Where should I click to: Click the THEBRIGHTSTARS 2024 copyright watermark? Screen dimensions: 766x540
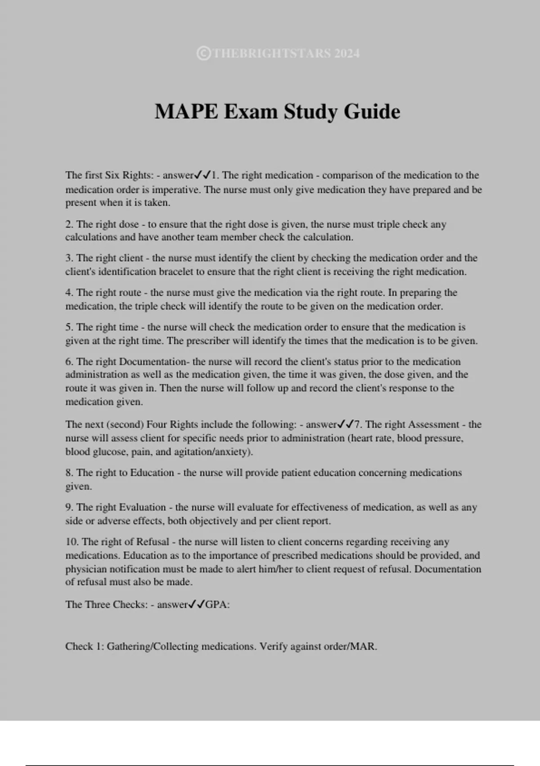[279, 54]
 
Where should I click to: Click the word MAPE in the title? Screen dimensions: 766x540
[186, 112]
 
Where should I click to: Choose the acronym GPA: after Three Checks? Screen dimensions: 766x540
[217, 605]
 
